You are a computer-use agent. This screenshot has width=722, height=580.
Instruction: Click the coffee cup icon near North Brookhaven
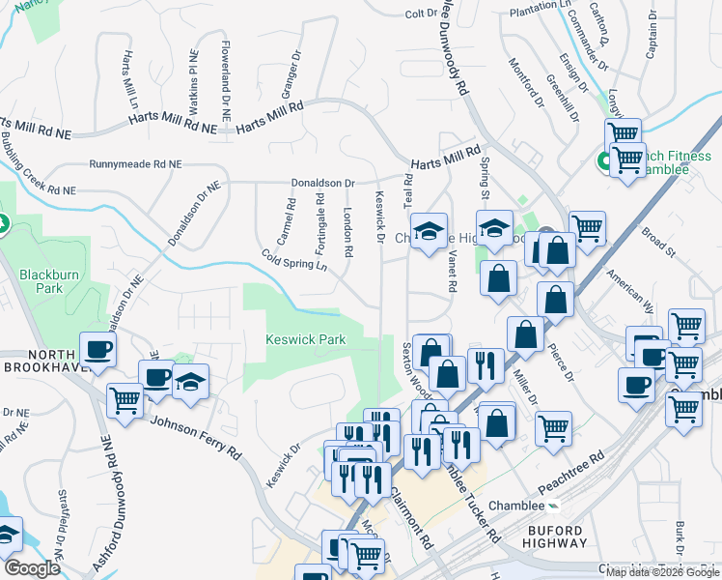point(98,349)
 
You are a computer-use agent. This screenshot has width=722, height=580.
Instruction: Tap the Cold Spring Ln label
point(292,261)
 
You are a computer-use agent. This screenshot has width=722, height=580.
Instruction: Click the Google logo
point(32,568)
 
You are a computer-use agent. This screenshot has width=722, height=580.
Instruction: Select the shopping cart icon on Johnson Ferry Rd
point(125,399)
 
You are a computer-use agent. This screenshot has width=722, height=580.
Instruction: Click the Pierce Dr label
point(562,363)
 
